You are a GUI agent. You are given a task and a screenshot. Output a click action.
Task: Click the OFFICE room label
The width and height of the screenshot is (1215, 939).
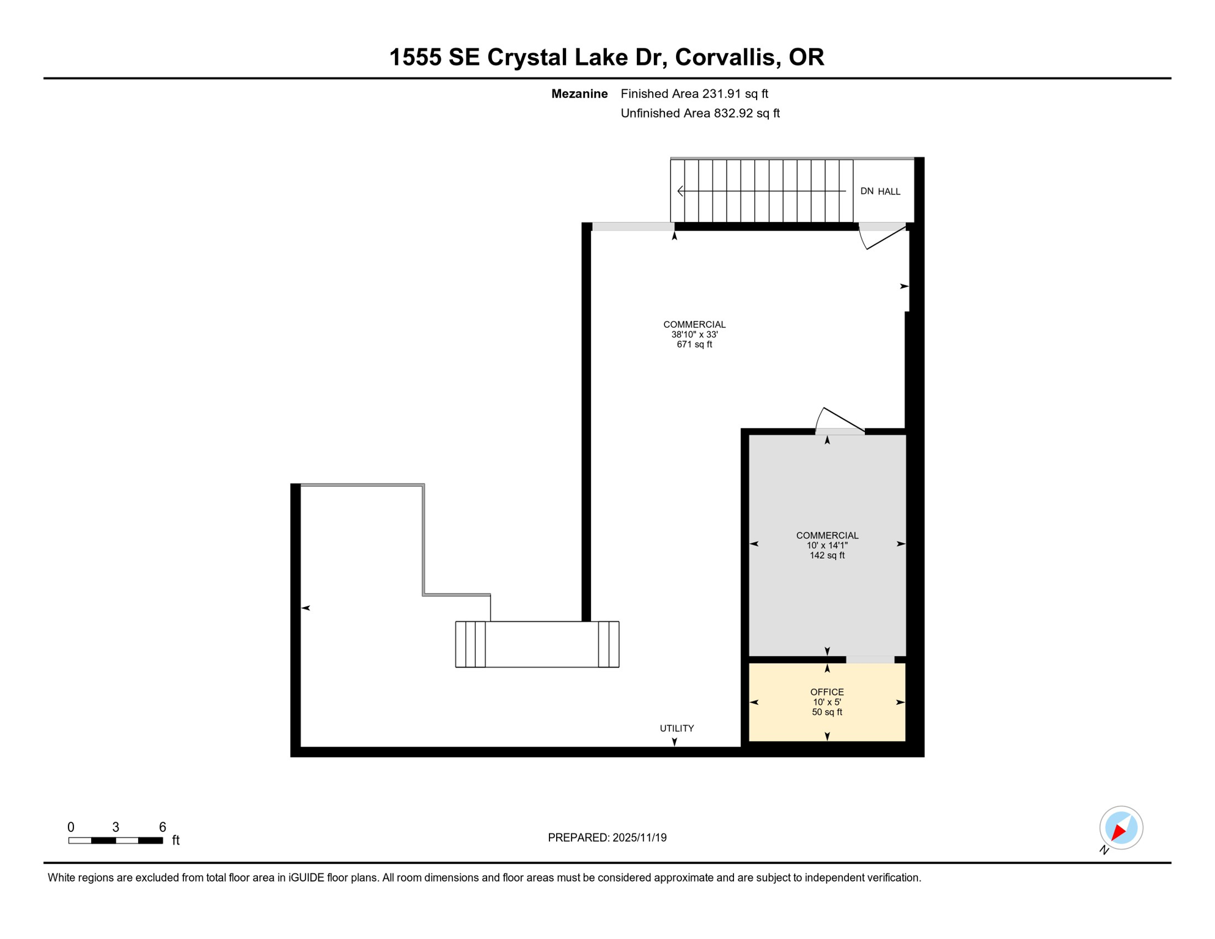point(827,692)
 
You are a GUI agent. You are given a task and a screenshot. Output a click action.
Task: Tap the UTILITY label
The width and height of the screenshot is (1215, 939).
point(677,728)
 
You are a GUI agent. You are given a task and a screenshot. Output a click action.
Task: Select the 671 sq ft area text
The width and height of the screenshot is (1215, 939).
point(694,345)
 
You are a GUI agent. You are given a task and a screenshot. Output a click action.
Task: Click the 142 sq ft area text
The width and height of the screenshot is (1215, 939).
point(827,556)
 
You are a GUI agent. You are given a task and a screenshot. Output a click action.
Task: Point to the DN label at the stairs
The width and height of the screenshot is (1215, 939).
point(867,191)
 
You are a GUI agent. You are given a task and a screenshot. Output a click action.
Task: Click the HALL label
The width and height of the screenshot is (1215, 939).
point(889,192)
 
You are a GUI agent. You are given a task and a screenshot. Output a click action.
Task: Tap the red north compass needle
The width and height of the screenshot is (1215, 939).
point(1118,832)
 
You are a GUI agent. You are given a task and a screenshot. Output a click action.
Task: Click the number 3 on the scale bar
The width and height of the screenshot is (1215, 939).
point(116,827)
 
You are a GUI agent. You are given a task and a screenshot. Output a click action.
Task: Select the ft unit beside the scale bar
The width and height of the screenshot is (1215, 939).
point(176,841)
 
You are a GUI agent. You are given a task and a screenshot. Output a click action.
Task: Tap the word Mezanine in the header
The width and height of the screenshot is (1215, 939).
point(579,94)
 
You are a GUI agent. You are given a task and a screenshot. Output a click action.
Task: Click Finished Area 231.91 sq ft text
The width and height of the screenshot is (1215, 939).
point(694,94)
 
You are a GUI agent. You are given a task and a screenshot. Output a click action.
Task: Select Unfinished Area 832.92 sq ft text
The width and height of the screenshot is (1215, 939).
point(700,114)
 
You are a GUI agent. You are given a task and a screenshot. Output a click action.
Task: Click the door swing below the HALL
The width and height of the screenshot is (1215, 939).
point(880,238)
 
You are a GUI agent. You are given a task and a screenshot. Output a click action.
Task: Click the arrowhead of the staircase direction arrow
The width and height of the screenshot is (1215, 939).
point(680,191)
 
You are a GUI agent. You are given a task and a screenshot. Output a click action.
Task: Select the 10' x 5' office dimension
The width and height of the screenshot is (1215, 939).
point(827,702)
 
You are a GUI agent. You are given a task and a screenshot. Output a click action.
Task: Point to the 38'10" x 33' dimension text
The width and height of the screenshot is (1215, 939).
point(694,335)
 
